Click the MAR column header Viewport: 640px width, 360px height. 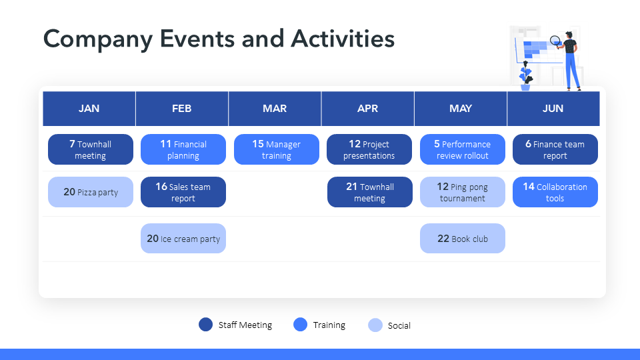(x=275, y=109)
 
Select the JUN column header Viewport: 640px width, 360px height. (x=553, y=109)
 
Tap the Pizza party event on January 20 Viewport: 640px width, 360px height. (x=91, y=192)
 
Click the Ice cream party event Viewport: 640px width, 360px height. (x=183, y=239)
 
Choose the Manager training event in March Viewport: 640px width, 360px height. (x=276, y=149)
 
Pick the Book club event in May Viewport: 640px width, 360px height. (x=463, y=239)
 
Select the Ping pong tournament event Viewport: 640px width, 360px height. (x=463, y=192)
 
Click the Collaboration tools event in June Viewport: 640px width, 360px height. (x=555, y=192)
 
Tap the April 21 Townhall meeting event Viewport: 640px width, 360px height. (x=370, y=192)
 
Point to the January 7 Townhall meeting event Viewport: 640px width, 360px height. (x=91, y=149)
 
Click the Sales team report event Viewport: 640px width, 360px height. (x=183, y=192)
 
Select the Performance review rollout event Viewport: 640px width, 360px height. (x=463, y=149)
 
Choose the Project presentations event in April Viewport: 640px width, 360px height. (x=369, y=149)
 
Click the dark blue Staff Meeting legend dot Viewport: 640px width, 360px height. (x=206, y=325)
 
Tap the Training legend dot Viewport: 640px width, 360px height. (x=301, y=325)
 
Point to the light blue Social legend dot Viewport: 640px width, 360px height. (x=375, y=325)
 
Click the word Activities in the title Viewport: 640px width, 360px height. (x=343, y=39)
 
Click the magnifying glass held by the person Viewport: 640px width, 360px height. (x=556, y=41)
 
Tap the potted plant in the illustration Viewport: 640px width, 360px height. (x=525, y=76)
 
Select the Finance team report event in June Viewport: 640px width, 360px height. (x=555, y=149)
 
